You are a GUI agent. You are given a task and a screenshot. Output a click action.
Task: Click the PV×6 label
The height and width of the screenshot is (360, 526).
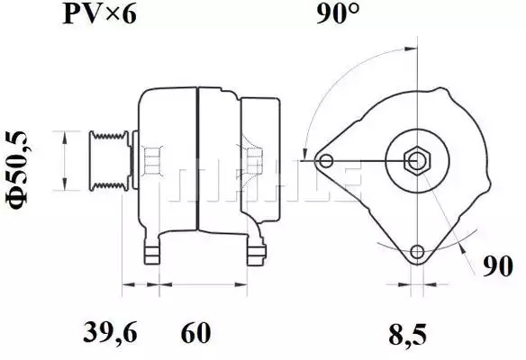pyautogui.click(x=100, y=14)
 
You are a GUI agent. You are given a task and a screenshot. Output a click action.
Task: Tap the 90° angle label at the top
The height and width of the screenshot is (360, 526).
pyautogui.click(x=338, y=14)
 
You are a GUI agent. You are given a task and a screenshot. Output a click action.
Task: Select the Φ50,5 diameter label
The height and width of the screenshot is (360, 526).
pyautogui.click(x=16, y=170)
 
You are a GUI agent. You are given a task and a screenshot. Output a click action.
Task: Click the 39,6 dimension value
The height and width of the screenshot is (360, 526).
pyautogui.click(x=111, y=332)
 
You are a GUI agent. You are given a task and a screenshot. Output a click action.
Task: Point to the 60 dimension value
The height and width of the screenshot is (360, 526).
pyautogui.click(x=196, y=332)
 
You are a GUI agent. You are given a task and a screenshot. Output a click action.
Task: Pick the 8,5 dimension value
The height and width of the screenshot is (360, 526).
pyautogui.click(x=408, y=334)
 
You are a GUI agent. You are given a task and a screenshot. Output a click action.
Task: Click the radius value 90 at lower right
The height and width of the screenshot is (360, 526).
pyautogui.click(x=498, y=265)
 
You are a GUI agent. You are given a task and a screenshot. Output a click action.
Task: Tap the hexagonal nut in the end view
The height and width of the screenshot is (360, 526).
pyautogui.click(x=417, y=161)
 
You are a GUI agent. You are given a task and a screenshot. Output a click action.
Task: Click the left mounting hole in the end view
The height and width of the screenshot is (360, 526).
pyautogui.click(x=326, y=160)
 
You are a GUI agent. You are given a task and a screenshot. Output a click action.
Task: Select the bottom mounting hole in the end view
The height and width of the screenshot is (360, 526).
pyautogui.click(x=417, y=251)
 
